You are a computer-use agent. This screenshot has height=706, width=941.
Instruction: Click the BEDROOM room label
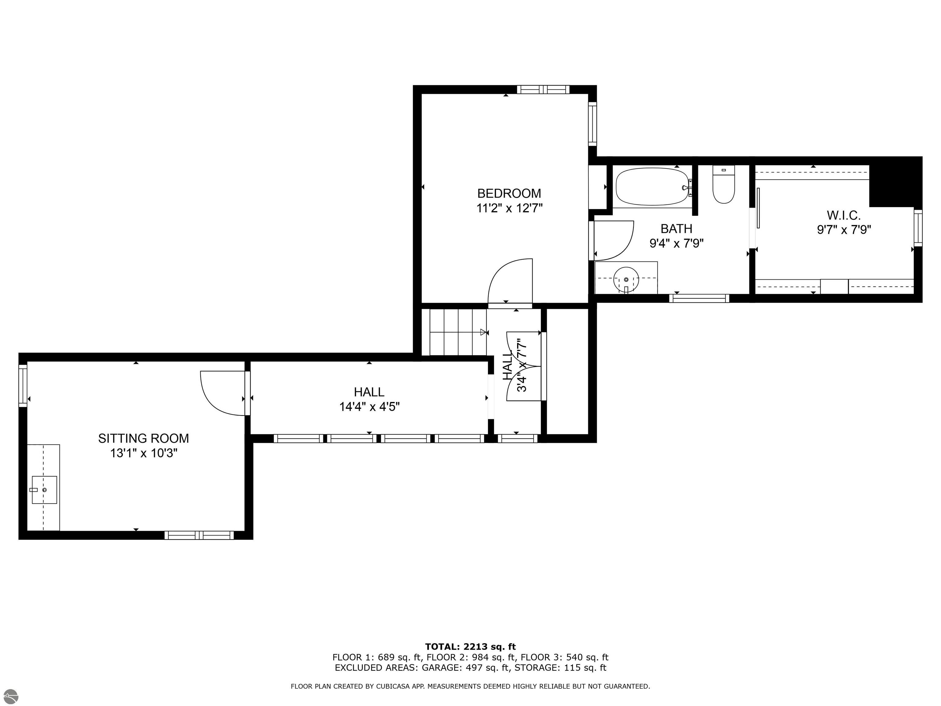point(509,194)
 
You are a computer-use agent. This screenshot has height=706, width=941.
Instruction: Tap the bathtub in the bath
point(652,187)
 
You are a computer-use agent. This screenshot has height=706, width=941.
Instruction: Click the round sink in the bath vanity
point(626,279)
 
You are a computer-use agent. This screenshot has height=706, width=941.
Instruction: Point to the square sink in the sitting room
point(44,490)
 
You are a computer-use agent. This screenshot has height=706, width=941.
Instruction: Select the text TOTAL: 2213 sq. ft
point(470,647)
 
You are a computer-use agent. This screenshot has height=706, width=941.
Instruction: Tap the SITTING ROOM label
point(143,438)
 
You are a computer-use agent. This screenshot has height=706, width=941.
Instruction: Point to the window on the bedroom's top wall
point(543,89)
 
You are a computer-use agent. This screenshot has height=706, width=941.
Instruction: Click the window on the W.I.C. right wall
point(918,228)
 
